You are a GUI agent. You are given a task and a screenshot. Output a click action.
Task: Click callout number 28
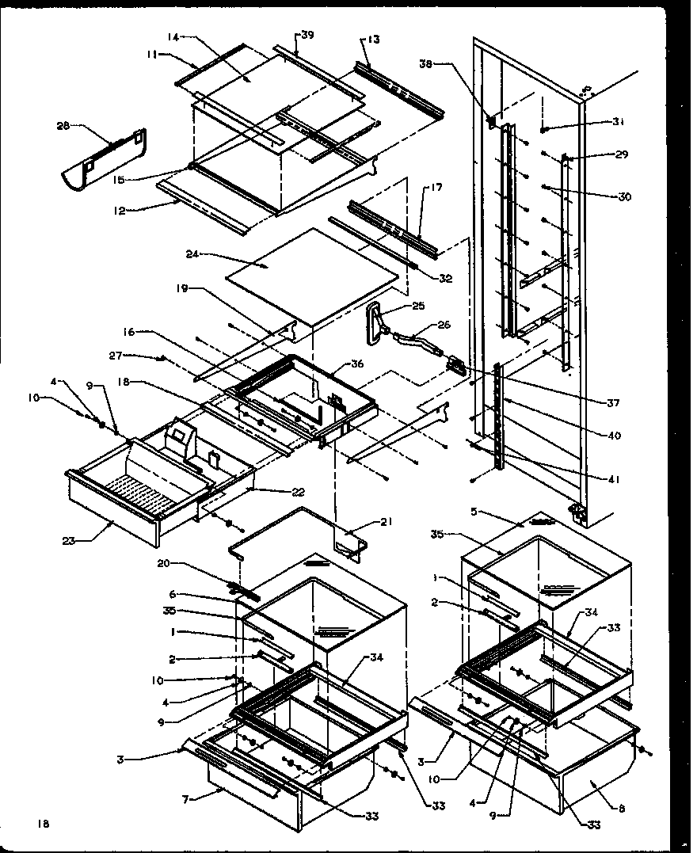(x=63, y=126)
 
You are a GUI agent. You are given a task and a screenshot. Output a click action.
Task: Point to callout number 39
(x=307, y=36)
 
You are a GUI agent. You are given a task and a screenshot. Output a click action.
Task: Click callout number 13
(x=374, y=40)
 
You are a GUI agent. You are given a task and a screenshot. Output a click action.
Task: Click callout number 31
(x=618, y=122)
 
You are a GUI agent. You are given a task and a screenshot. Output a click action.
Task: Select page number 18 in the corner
(x=42, y=824)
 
